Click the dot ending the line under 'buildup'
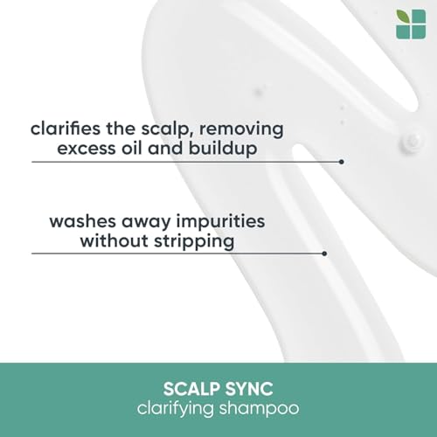341,162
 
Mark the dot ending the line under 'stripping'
324,253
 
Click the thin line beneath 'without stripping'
175,253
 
